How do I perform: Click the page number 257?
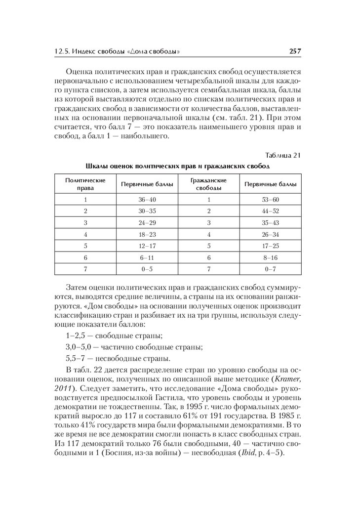(x=295, y=51)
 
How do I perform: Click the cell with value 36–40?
(x=147, y=200)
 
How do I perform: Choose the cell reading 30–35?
(x=147, y=211)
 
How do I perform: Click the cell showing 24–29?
(x=147, y=223)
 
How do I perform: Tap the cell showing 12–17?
(x=147, y=246)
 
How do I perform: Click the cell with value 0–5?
(x=147, y=269)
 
